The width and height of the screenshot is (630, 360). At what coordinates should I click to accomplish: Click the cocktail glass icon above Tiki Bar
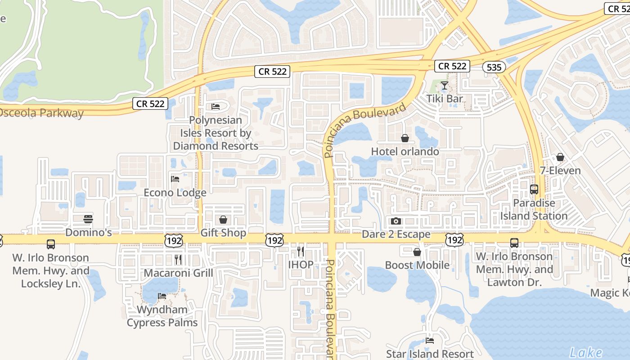tap(445, 85)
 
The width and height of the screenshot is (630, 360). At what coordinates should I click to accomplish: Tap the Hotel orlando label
tap(405, 152)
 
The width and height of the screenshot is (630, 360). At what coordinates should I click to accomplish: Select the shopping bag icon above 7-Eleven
tap(560, 157)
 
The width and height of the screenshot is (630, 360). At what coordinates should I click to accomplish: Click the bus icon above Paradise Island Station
tap(534, 189)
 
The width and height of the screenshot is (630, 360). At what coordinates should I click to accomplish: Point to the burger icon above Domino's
tap(88, 219)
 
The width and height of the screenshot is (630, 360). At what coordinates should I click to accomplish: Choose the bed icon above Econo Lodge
tap(175, 179)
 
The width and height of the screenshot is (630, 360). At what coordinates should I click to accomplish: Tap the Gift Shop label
tap(223, 233)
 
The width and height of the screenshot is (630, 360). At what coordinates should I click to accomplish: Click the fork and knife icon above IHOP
tap(301, 251)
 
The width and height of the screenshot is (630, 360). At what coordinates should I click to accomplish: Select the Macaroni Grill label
tap(178, 273)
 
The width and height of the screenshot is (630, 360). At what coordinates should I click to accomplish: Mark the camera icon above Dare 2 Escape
tap(396, 221)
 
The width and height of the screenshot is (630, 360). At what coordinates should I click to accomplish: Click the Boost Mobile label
tap(417, 265)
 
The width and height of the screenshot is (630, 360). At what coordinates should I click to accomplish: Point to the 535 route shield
tap(494, 67)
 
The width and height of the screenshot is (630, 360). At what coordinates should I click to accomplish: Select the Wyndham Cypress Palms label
tap(162, 316)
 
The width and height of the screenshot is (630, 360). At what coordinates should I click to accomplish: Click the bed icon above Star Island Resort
tap(430, 341)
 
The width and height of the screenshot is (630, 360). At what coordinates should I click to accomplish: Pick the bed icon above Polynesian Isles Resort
tap(216, 107)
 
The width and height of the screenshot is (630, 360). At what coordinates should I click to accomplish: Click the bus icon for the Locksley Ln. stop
tap(51, 244)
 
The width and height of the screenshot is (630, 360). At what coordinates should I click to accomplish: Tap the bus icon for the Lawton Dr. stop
tap(514, 243)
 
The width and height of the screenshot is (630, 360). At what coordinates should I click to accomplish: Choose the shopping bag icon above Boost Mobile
tap(417, 252)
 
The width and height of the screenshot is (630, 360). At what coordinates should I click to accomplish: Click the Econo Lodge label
tap(175, 193)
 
